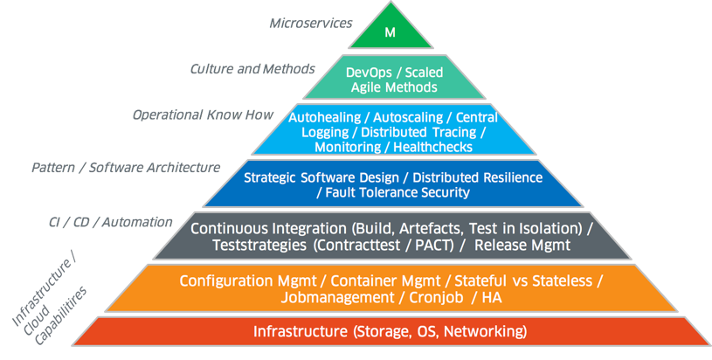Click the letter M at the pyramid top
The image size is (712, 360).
[x=391, y=33]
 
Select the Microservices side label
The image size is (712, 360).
[x=311, y=22]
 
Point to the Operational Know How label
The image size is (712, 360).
[x=203, y=114]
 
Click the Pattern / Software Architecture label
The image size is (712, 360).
[x=126, y=167]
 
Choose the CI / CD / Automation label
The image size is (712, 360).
[x=110, y=222]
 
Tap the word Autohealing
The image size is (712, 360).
[x=323, y=117]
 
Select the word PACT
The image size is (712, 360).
[x=435, y=246]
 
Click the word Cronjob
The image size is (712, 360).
[x=434, y=297]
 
